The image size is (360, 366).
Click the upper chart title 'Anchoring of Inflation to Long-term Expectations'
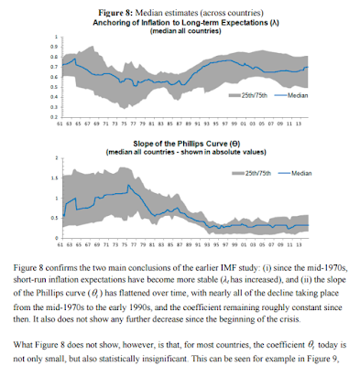(x=174, y=18)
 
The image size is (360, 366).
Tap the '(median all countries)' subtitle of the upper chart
(x=181, y=28)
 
